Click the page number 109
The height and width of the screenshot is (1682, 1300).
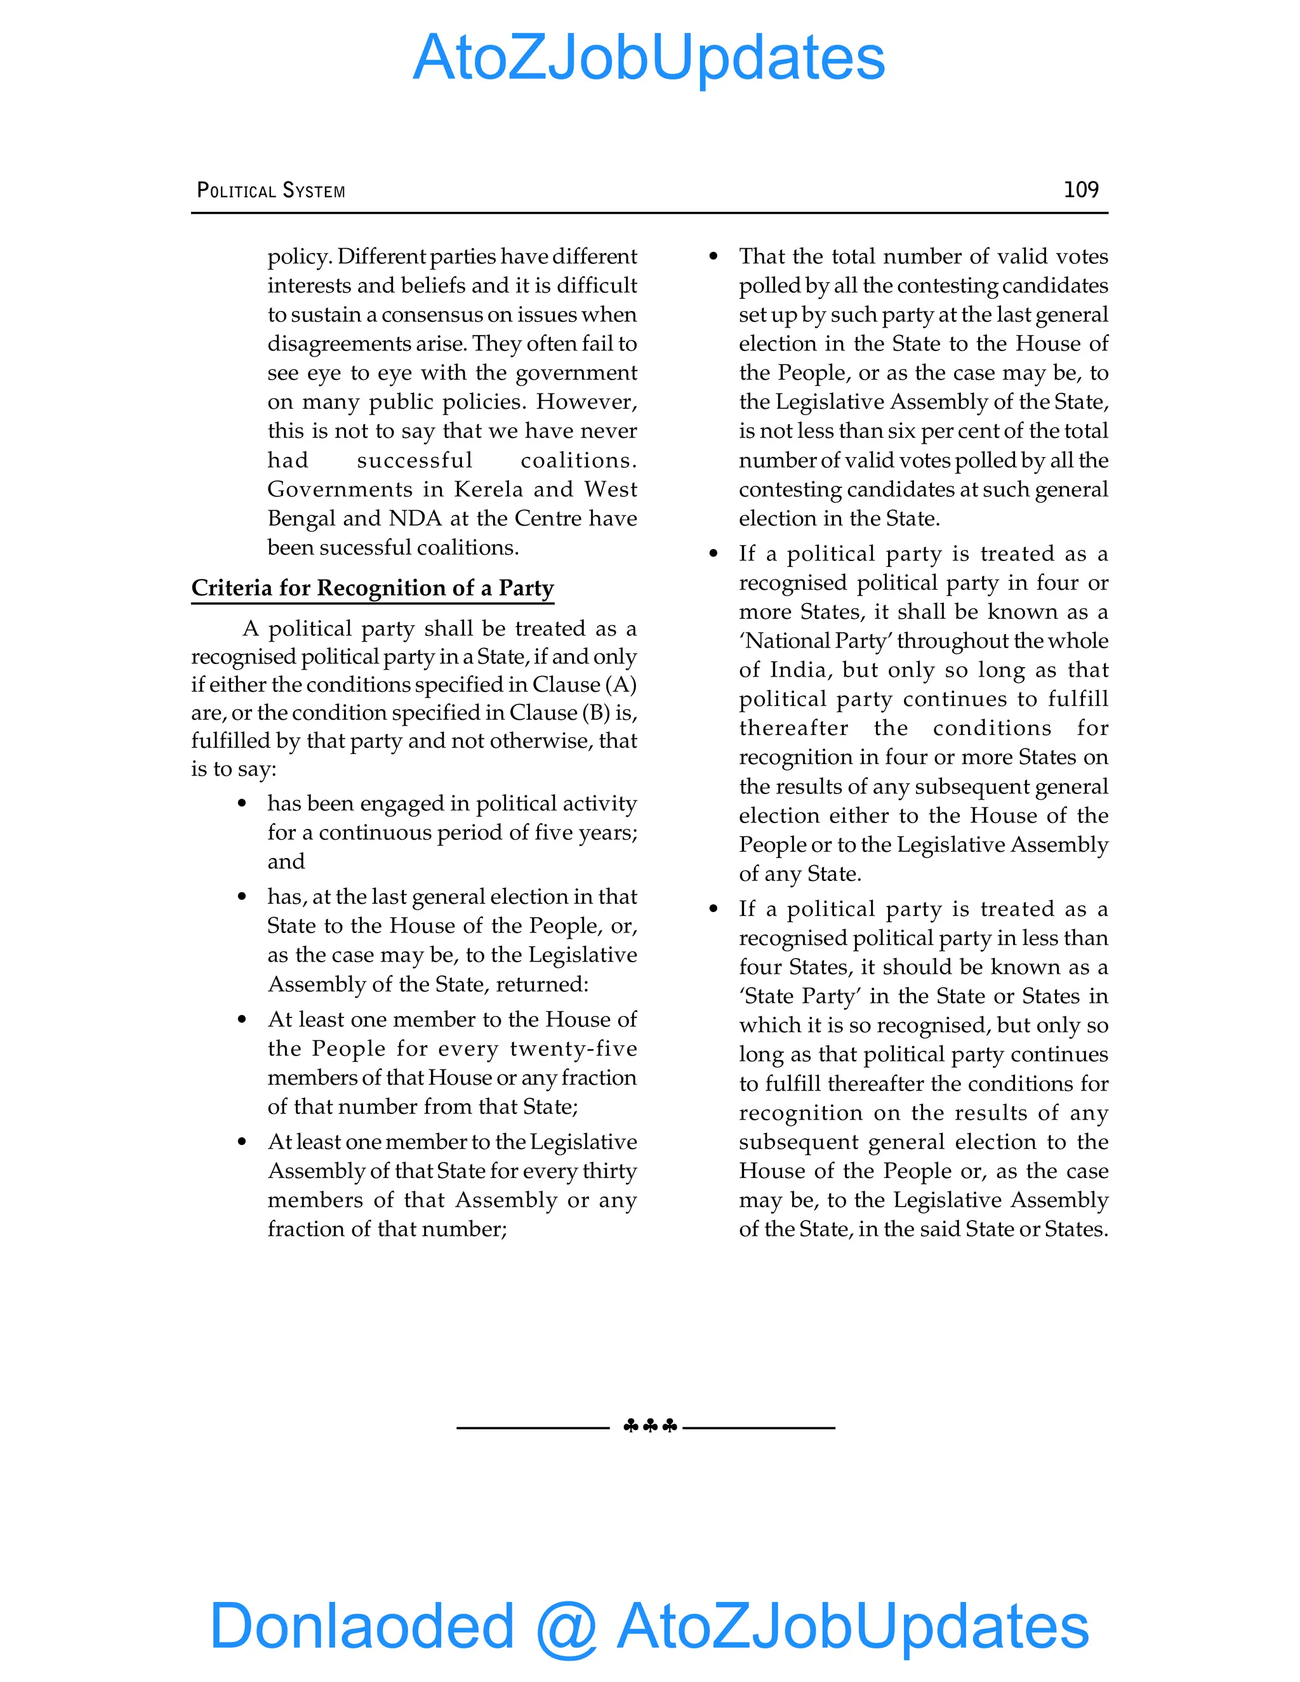(x=1080, y=189)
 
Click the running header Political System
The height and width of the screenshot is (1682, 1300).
(x=271, y=190)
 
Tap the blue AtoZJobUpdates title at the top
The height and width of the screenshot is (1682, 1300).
(x=649, y=58)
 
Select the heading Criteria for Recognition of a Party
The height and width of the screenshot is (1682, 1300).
(x=372, y=588)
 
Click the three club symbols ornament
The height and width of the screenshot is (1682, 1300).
(x=650, y=1426)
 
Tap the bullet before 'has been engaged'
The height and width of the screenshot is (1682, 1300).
(x=242, y=804)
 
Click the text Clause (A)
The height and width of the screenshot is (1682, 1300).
(x=585, y=685)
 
